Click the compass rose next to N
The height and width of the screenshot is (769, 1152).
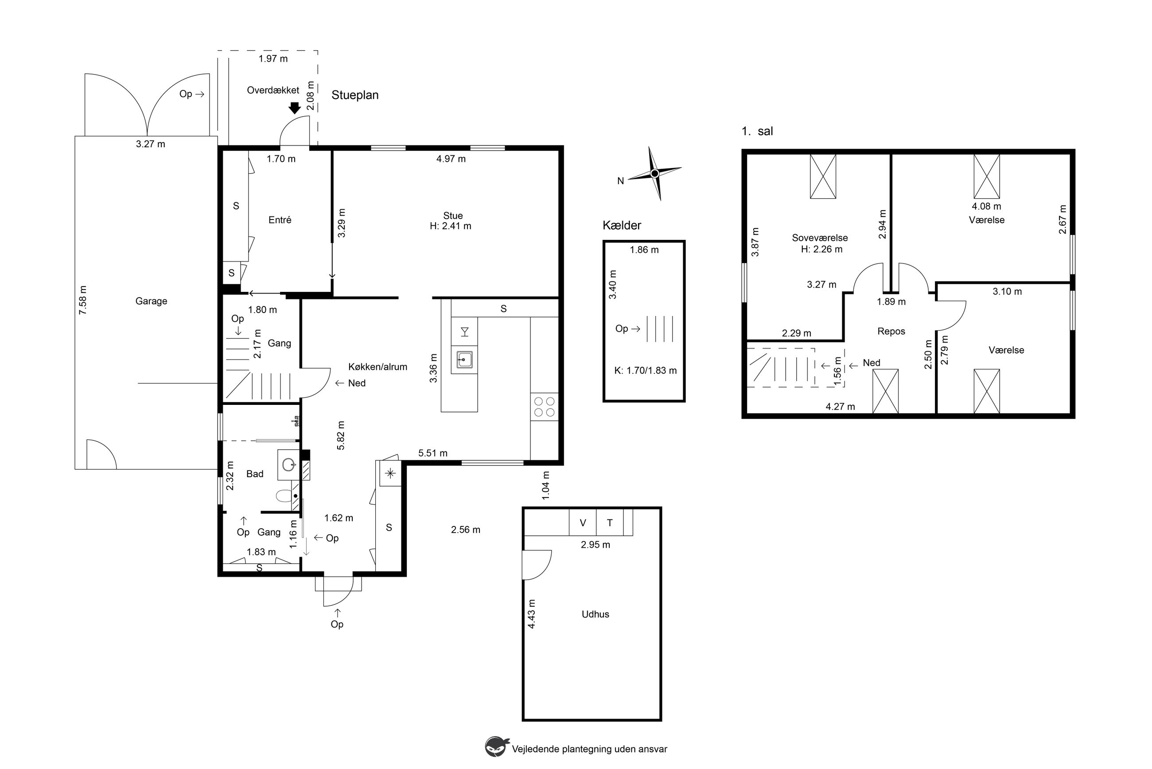tap(654, 173)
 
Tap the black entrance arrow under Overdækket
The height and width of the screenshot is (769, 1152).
tap(295, 108)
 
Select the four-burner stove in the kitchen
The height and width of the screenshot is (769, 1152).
tap(545, 407)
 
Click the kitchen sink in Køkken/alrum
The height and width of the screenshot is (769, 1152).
tap(464, 360)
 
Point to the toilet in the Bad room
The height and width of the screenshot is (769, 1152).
tap(284, 496)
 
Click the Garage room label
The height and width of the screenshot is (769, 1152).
tap(152, 301)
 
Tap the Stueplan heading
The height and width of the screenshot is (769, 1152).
tap(355, 95)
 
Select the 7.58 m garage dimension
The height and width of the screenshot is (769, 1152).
tap(83, 300)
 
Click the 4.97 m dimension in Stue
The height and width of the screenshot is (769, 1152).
tap(451, 159)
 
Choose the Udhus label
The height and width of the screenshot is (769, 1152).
tap(595, 614)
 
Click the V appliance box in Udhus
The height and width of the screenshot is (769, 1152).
tap(583, 523)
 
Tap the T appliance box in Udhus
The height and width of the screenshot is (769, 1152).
tap(610, 523)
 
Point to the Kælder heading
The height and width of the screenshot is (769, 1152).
tap(622, 226)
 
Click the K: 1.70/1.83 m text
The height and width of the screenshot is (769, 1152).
tap(645, 371)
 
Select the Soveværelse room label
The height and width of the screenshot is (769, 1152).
tap(820, 238)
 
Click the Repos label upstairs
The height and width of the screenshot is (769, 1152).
tap(891, 332)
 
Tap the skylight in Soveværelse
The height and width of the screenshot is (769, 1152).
tap(823, 177)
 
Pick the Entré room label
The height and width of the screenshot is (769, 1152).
tap(280, 220)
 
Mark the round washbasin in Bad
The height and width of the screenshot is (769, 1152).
tap(289, 464)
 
